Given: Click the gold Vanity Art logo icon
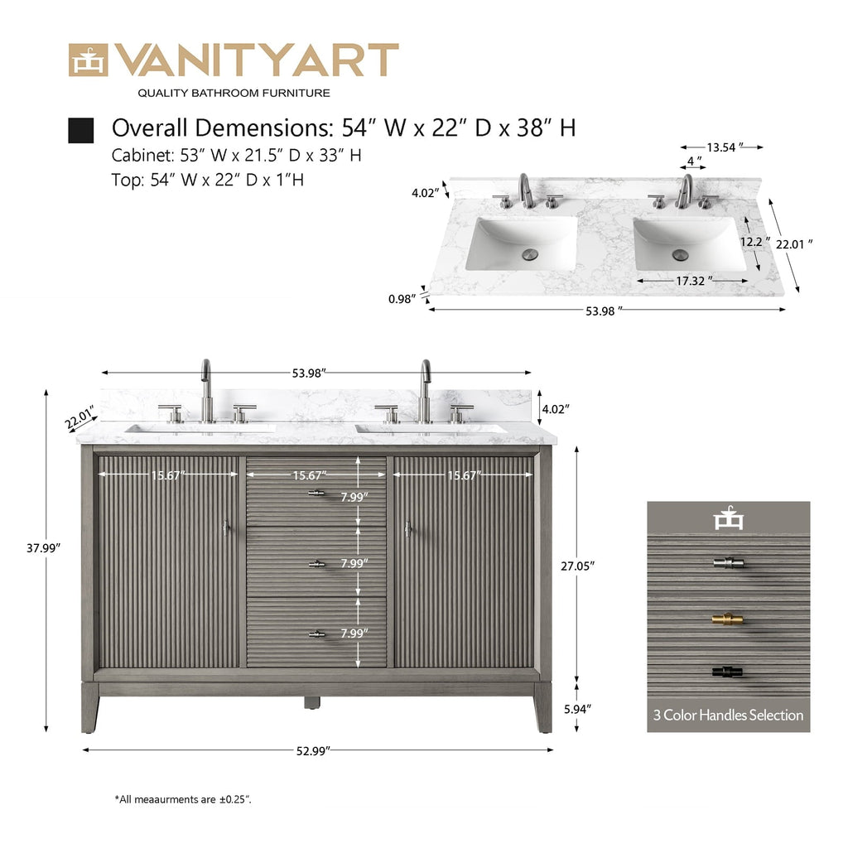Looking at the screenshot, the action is (88, 60).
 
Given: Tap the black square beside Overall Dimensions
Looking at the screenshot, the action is (80, 130).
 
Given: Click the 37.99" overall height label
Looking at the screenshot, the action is (43, 548).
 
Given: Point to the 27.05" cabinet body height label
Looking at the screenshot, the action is (577, 566).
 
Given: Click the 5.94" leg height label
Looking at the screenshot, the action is (577, 709).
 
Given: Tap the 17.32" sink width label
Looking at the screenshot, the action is (694, 281).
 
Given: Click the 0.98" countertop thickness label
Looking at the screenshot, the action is (402, 298).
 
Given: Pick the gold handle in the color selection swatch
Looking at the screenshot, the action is (727, 619).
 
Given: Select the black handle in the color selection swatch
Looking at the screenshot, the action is (727, 672).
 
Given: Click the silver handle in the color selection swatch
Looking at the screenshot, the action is (728, 563).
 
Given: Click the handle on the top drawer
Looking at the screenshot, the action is (316, 493).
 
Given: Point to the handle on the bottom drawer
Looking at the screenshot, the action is (316, 634).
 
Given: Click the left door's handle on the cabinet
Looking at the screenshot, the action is (226, 528).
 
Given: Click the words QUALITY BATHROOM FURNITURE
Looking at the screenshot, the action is (234, 93).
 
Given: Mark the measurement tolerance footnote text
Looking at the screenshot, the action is (183, 799).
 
